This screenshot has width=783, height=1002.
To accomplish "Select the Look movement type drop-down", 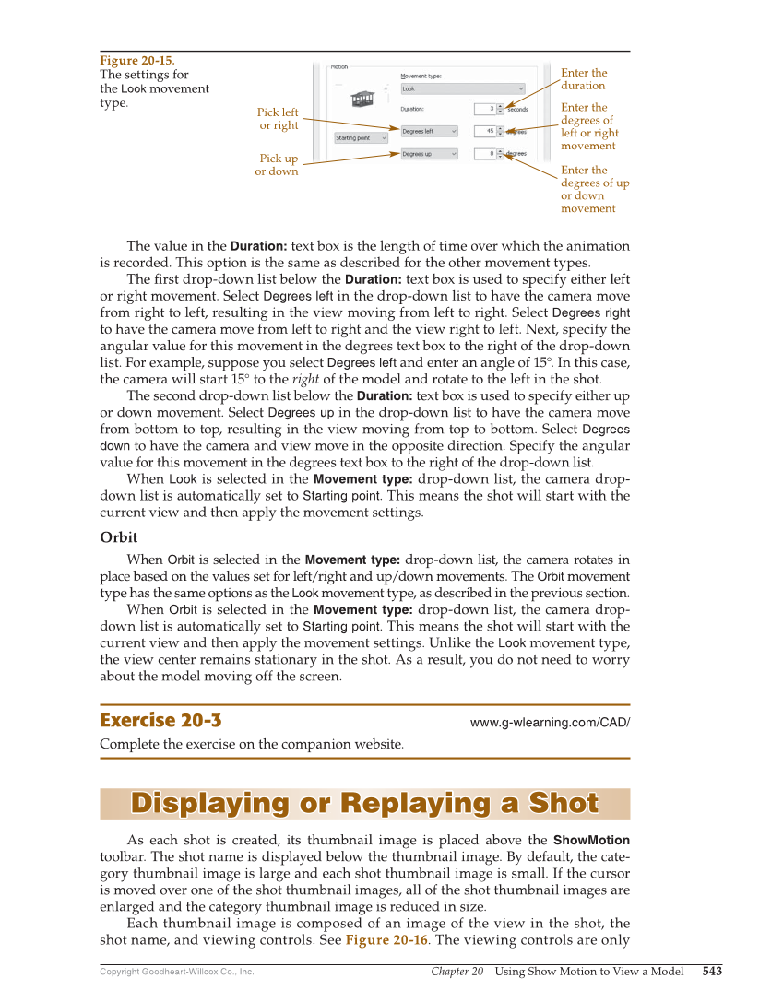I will [x=463, y=89].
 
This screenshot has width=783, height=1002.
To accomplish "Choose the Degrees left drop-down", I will [x=429, y=132].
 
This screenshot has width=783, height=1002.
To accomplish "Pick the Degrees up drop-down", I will [x=429, y=154].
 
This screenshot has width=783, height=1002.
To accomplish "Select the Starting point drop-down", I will [x=361, y=138].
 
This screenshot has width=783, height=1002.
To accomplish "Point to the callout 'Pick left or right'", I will [x=278, y=119].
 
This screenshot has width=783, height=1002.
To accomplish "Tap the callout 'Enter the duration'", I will [x=584, y=79].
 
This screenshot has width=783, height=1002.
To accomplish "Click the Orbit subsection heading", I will [x=119, y=537].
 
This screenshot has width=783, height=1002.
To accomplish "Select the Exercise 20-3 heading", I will [x=160, y=721].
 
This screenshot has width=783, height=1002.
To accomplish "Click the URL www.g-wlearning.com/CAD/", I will [x=550, y=723].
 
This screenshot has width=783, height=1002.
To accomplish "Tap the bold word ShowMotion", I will [x=591, y=840].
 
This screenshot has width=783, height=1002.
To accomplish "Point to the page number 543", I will [x=711, y=972].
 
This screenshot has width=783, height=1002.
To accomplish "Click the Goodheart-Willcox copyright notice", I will [x=176, y=972].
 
